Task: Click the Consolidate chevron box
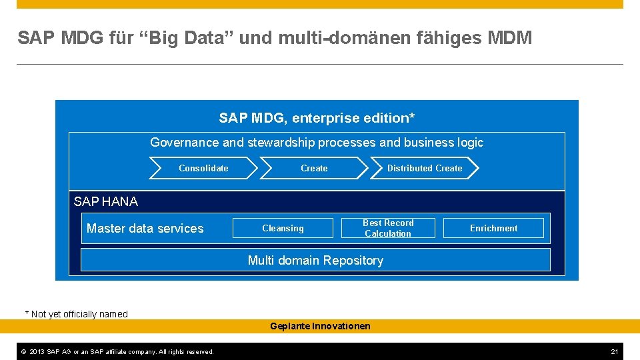(203, 169)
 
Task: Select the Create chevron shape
(314, 169)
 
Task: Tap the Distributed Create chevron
(425, 169)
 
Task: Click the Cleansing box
(283, 229)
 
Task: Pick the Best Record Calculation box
(388, 229)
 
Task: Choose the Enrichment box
(493, 229)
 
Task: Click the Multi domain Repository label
(315, 261)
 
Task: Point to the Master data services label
(145, 229)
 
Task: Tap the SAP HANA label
(106, 201)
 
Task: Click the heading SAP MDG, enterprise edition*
(316, 119)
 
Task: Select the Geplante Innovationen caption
(320, 326)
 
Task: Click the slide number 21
(615, 351)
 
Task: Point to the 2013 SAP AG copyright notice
(116, 351)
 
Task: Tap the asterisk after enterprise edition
(412, 117)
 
